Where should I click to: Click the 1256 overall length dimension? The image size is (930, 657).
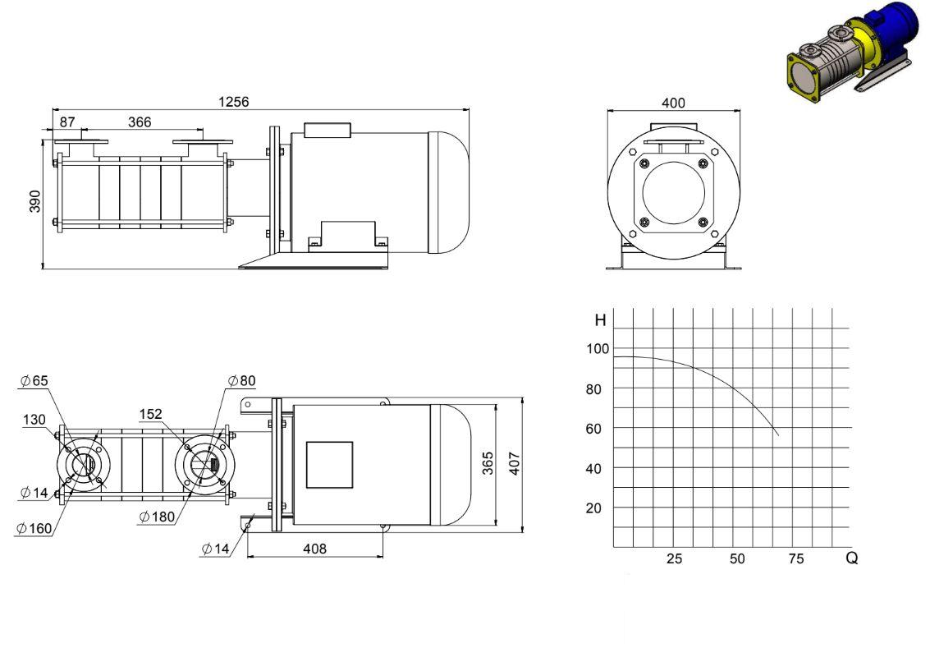234,102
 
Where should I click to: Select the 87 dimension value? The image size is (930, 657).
67,122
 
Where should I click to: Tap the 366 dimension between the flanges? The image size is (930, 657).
140,122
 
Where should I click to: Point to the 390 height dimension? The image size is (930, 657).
35,201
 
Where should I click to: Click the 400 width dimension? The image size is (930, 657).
673,103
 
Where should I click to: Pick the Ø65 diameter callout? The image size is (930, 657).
34,380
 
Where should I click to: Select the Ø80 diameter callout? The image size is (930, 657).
241,380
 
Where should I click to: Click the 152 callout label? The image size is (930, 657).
151,414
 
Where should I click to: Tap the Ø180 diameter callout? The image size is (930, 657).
157,517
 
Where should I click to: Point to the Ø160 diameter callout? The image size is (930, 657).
34,527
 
